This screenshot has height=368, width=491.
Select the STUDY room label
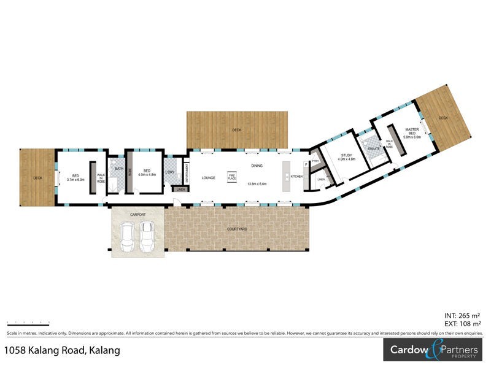(x=347, y=156)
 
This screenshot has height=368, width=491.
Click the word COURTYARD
(x=236, y=228)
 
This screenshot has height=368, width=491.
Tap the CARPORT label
(x=137, y=215)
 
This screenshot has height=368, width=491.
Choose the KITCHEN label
(x=296, y=177)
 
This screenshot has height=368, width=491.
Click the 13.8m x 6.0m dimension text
(x=257, y=184)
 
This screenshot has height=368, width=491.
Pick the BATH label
(x=119, y=168)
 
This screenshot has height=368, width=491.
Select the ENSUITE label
(x=373, y=148)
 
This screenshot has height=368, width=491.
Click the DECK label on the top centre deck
(x=237, y=130)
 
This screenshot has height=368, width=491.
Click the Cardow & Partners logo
(x=433, y=351)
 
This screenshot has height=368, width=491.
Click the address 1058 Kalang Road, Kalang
(x=62, y=350)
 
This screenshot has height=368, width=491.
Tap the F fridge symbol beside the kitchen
(x=306, y=164)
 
